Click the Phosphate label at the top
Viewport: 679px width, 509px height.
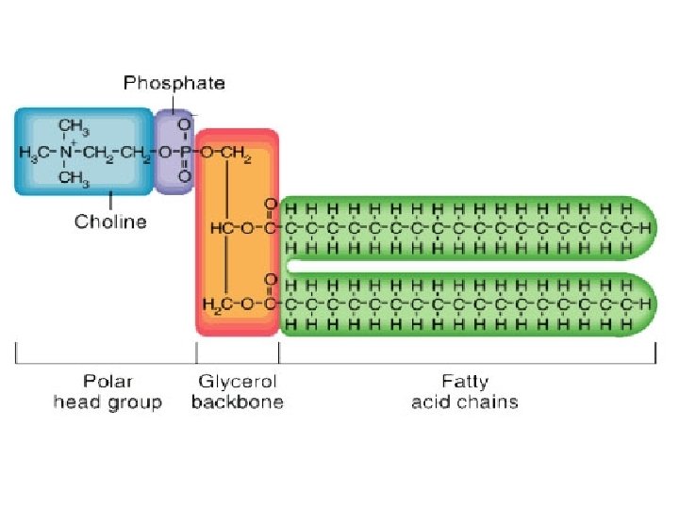(174, 83)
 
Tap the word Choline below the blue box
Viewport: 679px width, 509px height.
(110, 222)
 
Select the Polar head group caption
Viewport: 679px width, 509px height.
(108, 392)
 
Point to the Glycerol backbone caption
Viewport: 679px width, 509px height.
(237, 392)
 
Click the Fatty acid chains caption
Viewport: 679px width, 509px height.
(465, 392)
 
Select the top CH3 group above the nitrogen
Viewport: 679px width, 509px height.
(74, 126)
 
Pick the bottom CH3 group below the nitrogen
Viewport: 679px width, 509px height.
(74, 175)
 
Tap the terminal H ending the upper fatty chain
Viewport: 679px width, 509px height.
(644, 227)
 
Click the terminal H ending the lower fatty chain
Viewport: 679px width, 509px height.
(644, 304)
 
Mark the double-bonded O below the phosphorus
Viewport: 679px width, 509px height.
(184, 175)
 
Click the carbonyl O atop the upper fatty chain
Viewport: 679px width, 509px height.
(272, 204)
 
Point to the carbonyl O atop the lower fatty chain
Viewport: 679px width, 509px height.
(272, 280)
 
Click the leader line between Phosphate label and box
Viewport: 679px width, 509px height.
(174, 102)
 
